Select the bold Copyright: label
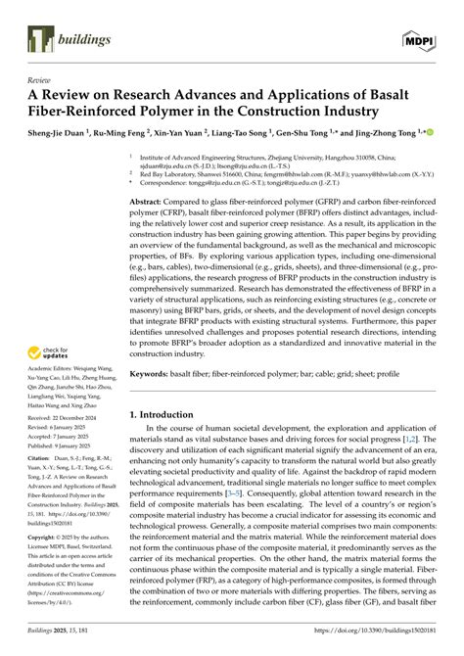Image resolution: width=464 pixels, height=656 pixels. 42,539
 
